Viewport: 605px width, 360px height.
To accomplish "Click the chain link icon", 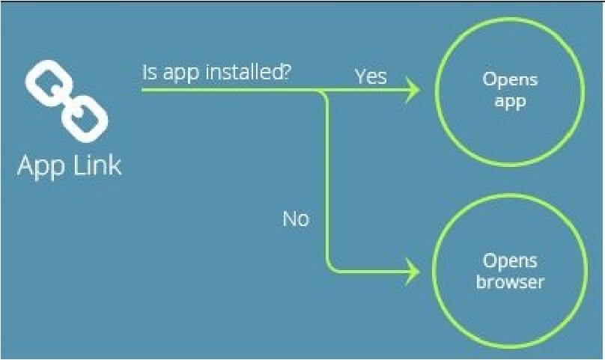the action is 67,101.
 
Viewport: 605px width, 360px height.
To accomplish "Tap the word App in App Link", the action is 40,166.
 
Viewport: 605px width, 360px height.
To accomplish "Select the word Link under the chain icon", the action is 97,165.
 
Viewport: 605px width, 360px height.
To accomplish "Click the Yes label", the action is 371,76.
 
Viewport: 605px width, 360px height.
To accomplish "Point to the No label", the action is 296,219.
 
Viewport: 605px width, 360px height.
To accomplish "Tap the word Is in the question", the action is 149,72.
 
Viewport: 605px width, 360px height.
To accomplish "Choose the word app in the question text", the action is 181,74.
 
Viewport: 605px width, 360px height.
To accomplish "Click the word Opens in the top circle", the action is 510,80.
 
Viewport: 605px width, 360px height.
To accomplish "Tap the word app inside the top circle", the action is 510,103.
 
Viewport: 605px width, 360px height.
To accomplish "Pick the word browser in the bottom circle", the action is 510,281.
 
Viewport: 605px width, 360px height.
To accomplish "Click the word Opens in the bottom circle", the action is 510,261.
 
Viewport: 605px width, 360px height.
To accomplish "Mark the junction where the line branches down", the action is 321,91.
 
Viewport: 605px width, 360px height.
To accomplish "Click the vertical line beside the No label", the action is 329,181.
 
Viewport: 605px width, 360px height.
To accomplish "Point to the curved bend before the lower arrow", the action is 332,268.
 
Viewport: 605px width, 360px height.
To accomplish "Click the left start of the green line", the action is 142,91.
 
